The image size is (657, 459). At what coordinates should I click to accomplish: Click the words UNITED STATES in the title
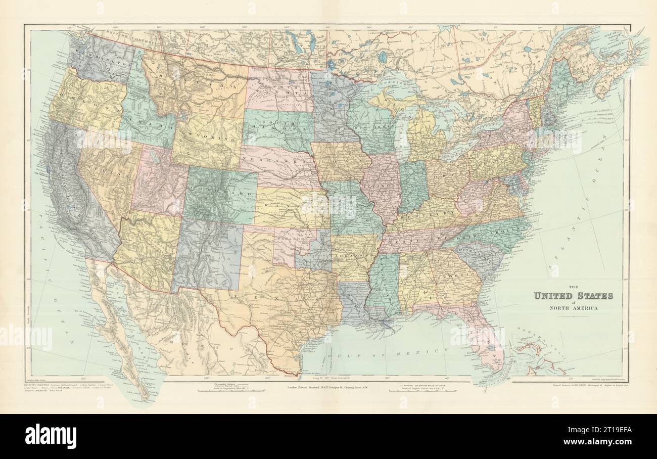(573, 296)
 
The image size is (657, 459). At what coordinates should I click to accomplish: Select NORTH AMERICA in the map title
(573, 308)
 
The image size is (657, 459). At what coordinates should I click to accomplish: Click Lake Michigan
(402, 134)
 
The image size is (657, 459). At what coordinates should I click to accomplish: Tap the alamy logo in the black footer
(51, 436)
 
